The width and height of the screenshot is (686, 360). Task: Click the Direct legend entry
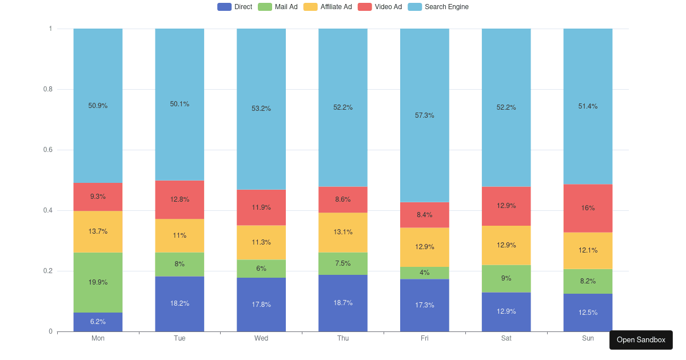[x=235, y=7]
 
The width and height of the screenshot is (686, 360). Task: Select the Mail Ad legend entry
[x=278, y=7]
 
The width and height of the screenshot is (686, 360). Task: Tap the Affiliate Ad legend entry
[x=327, y=7]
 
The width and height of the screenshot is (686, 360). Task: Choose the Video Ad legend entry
[x=380, y=7]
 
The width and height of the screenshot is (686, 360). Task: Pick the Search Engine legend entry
[x=438, y=7]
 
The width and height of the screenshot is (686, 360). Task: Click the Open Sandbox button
[x=641, y=339]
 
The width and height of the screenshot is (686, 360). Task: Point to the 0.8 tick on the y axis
[x=47, y=89]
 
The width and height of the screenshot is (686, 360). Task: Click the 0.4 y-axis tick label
[x=47, y=210]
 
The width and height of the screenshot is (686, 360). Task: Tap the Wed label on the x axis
[x=261, y=338]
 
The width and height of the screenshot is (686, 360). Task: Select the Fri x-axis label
[x=425, y=338]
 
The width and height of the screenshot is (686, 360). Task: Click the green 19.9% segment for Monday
[x=98, y=282]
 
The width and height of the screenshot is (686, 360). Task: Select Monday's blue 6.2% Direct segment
[x=98, y=322]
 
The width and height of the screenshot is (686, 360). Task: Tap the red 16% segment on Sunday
[x=588, y=208]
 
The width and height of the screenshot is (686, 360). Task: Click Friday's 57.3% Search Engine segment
[x=425, y=115]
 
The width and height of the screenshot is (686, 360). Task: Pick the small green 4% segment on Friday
[x=425, y=273]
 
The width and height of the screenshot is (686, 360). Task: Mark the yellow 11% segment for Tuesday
[x=180, y=235]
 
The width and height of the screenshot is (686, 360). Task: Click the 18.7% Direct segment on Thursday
[x=343, y=303]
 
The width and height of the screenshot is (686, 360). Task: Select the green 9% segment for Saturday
[x=506, y=278]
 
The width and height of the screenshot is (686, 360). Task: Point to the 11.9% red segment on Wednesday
[x=261, y=207]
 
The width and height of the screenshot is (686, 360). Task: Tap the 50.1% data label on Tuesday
[x=180, y=104]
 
